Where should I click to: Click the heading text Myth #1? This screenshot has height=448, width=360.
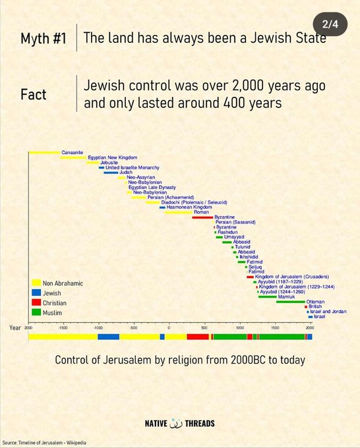[x=43, y=38]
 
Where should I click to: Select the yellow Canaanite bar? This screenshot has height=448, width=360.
[x=44, y=152]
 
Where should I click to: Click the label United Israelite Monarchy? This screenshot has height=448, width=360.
[x=132, y=167]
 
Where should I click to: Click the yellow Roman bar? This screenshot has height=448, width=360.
[x=178, y=212]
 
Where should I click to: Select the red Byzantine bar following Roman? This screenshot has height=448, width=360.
[x=202, y=217]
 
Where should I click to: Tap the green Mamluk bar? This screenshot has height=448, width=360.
[x=267, y=296]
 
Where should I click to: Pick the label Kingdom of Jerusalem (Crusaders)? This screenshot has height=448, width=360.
[x=291, y=277]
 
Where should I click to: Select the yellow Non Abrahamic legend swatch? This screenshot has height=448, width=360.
[x=36, y=283]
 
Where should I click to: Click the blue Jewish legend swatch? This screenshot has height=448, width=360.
[x=36, y=292]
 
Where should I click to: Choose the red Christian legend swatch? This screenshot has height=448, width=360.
[x=36, y=302]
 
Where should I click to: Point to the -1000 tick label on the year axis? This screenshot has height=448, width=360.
[x=98, y=327]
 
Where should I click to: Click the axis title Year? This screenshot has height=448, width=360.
[x=15, y=327]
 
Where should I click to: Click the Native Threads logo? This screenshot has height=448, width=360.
[x=179, y=424]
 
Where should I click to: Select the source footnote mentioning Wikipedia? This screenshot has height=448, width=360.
[x=44, y=443]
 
